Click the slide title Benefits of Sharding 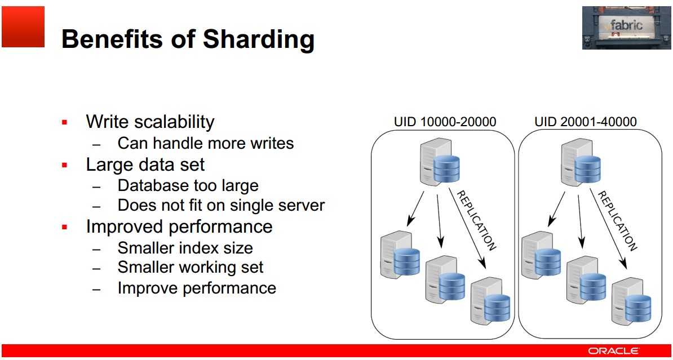click(188, 39)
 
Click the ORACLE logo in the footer click(613, 350)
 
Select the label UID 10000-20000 click(445, 122)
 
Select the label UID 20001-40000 click(586, 122)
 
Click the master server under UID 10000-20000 click(440, 164)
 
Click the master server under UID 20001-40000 click(582, 164)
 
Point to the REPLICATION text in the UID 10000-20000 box click(476, 220)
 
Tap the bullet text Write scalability click(150, 122)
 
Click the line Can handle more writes click(206, 143)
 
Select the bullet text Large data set click(145, 165)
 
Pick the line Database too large click(188, 185)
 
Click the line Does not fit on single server click(221, 206)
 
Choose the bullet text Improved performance click(179, 226)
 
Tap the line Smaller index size click(185, 247)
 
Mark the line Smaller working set click(191, 267)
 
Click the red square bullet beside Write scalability click(65, 122)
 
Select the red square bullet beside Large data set click(65, 165)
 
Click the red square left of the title click(23, 26)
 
